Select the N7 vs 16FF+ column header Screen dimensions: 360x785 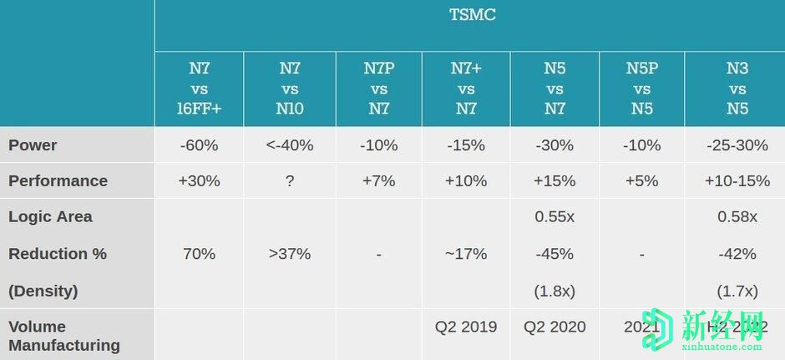click(199, 89)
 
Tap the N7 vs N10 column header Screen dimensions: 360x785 click(290, 89)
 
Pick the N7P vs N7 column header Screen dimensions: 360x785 click(378, 89)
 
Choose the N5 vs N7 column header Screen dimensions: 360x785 click(555, 89)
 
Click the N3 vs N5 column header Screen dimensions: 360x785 click(737, 89)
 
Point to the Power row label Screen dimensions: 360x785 click(33, 145)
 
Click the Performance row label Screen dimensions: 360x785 click(58, 180)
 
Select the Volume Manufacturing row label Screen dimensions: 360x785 click(63, 335)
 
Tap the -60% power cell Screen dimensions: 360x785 click(199, 145)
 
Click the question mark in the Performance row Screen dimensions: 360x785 click(290, 180)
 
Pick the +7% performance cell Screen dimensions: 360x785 click(378, 180)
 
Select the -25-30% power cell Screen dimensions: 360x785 click(737, 145)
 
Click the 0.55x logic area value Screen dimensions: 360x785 click(555, 216)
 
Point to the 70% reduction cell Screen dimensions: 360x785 click(199, 253)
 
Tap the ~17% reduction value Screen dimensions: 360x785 click(466, 253)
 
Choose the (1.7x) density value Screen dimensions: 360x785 click(737, 291)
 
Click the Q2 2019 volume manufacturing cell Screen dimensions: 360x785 click(466, 327)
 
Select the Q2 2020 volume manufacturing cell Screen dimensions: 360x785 click(555, 327)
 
